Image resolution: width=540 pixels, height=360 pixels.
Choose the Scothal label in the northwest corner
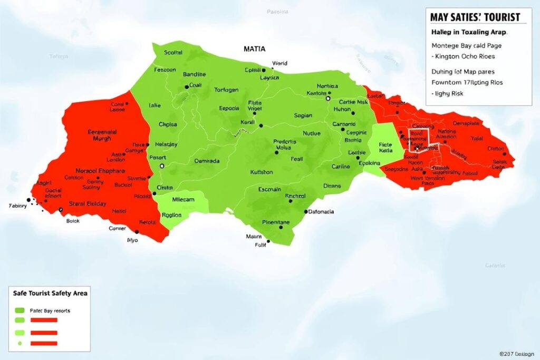[x=173, y=52]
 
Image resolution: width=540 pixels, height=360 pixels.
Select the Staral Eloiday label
[x=88, y=203]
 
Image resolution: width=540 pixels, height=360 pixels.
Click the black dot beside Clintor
[x=505, y=154]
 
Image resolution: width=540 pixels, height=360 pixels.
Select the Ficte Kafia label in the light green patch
[x=386, y=147]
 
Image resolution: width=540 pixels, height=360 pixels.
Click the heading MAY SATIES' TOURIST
[x=475, y=17]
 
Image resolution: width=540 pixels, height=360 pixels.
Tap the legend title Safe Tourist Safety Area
[x=50, y=293]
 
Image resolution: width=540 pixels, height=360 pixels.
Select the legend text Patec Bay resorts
[x=50, y=310]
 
